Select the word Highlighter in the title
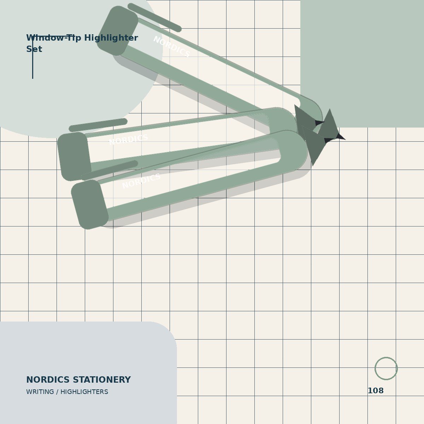coord(111,38)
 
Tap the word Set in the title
coord(34,49)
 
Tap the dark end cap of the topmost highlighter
coord(117,31)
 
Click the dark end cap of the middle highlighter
coord(74,157)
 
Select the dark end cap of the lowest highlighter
coord(89,205)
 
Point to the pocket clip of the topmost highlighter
coord(154,18)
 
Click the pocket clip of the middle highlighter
coord(98,125)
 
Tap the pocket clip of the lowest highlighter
coord(109,170)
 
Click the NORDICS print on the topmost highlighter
coord(172,46)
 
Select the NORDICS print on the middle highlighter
coord(129,140)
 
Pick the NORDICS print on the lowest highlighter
coord(141,181)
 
